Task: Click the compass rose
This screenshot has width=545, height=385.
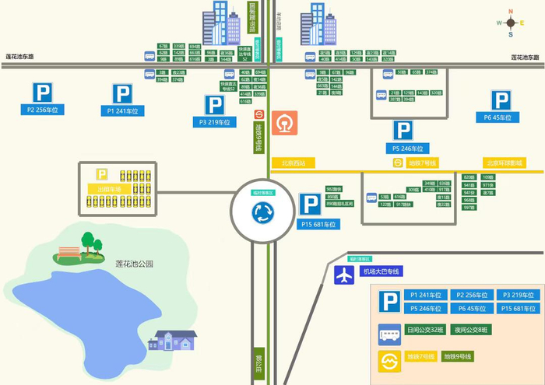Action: (x=511, y=23)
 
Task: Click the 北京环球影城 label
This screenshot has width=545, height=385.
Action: (x=505, y=163)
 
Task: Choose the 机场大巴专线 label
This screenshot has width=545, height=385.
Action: (x=381, y=271)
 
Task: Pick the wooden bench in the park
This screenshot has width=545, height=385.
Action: (x=69, y=252)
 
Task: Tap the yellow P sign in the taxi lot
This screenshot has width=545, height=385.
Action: (x=101, y=174)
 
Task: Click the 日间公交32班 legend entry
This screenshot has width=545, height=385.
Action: (x=425, y=331)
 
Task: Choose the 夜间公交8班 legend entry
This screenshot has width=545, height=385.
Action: (x=470, y=331)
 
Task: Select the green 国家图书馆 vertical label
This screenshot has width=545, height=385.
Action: (x=252, y=19)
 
